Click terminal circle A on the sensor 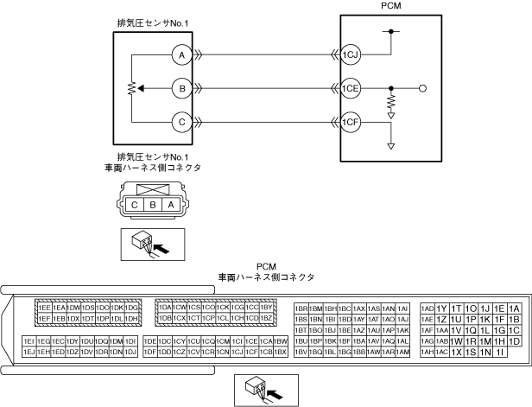(x=180, y=54)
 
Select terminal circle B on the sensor (x=180, y=87)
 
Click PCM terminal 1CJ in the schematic (x=349, y=54)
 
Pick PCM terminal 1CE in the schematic (x=349, y=87)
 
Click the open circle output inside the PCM (x=422, y=87)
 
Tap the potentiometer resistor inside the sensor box (x=130, y=88)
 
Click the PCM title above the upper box (x=391, y=6)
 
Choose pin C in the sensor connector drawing (x=136, y=204)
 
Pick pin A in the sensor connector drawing (x=170, y=204)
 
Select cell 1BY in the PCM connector (x=267, y=308)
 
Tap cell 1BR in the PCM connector (x=301, y=308)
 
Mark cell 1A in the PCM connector (x=514, y=308)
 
